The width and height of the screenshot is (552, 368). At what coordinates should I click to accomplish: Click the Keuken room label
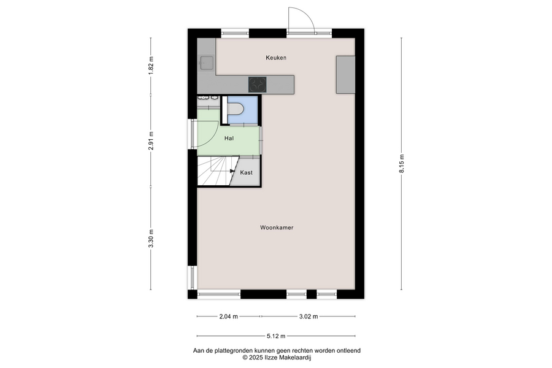(276, 58)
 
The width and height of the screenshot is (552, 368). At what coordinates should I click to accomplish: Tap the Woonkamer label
(277, 228)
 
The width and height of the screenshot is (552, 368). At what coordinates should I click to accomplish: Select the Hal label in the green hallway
(229, 139)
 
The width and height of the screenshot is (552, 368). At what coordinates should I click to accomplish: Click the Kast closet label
(246, 172)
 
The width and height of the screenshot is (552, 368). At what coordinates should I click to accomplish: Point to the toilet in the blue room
(236, 109)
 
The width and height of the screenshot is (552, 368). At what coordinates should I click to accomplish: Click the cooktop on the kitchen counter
(258, 85)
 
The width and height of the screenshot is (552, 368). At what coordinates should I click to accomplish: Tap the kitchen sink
(206, 63)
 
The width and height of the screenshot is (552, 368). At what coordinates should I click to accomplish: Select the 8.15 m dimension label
(402, 164)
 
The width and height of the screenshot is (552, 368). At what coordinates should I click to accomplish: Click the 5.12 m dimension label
(276, 336)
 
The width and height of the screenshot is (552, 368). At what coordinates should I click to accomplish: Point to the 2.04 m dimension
(229, 316)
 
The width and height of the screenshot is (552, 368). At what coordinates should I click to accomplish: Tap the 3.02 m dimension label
(309, 316)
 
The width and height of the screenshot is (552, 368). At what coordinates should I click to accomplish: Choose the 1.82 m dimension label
(151, 66)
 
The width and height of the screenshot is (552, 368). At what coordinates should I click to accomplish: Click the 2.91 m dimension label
(151, 141)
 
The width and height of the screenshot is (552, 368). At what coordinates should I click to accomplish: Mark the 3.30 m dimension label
(151, 239)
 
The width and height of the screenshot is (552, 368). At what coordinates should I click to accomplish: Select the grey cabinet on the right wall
(345, 75)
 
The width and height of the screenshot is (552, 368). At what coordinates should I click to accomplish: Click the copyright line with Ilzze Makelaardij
(277, 358)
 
